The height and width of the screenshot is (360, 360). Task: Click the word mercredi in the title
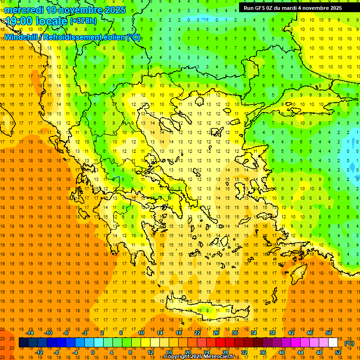pyautogui.click(x=24, y=10)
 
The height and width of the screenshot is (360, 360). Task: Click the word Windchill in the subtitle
pyautogui.click(x=22, y=37)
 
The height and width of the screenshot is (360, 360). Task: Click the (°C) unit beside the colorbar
pyautogui.click(x=349, y=343)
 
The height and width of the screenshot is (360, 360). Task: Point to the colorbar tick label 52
pyautogui.click(x=338, y=352)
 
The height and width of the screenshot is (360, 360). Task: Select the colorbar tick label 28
pyautogui.click(x=225, y=352)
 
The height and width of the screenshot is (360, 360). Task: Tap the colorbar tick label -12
pyautogui.click(x=39, y=352)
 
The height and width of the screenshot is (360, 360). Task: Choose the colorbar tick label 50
pyautogui.click(x=329, y=333)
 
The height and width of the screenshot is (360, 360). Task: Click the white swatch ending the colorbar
pyautogui.click(x=333, y=343)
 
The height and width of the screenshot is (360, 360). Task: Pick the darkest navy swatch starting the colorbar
pyautogui.click(x=23, y=343)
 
